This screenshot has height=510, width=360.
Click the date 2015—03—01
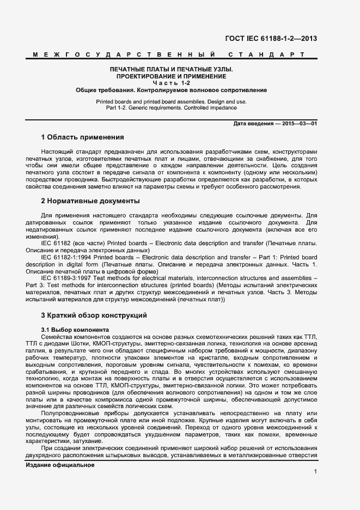(x=298, y=124)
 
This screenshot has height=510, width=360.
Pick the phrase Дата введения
(x=253, y=124)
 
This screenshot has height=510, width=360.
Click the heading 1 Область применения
(x=82, y=137)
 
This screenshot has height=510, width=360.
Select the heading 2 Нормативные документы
(x=90, y=201)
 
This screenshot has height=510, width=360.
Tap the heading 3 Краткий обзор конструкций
(x=94, y=315)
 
